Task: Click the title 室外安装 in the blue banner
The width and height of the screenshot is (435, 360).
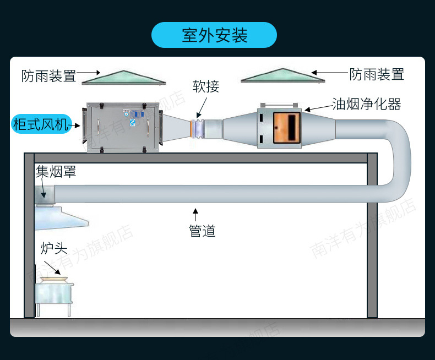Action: coord(214,35)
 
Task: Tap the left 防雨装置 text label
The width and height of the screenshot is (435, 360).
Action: coord(48,75)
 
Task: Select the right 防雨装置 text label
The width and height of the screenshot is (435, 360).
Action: coord(377,74)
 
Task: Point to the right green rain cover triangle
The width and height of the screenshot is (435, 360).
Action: coord(282,76)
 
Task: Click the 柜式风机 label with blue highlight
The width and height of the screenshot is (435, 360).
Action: coord(40,124)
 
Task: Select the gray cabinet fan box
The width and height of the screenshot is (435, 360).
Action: coord(121,126)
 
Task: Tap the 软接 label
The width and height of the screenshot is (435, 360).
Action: coord(206,86)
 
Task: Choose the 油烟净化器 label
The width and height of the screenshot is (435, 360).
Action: coord(366,104)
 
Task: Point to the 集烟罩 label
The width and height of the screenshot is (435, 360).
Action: coord(56,172)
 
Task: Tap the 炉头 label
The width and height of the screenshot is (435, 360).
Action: coord(54,248)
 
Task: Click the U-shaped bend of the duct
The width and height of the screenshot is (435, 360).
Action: coord(399,160)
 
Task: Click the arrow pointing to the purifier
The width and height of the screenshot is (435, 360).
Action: coord(317,108)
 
